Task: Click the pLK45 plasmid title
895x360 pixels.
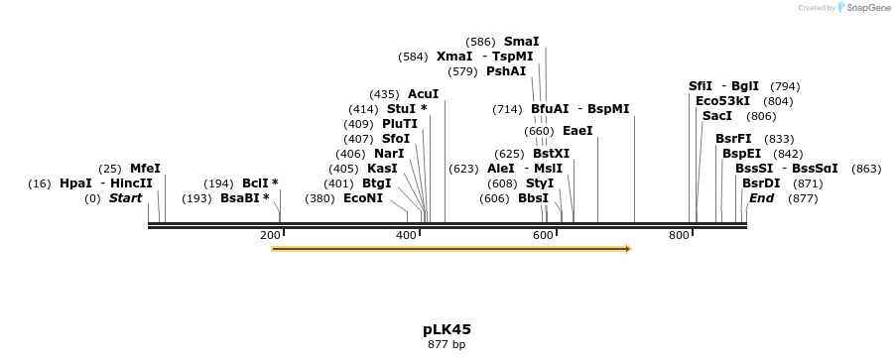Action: point(447,329)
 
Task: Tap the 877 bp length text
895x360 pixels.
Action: point(447,345)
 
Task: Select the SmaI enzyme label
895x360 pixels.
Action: point(521,42)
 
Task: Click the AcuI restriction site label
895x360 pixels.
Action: point(423,94)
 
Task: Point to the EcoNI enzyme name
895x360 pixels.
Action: point(362,198)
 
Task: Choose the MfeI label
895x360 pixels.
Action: point(145,169)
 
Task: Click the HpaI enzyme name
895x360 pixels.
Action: point(75,183)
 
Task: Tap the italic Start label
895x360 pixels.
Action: point(125,198)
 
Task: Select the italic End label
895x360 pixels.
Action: point(761,198)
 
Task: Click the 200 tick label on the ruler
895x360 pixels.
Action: point(270,235)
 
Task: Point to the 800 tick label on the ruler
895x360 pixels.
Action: point(679,235)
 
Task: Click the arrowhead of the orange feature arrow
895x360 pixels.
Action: point(627,249)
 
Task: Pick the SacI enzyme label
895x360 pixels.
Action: point(716,116)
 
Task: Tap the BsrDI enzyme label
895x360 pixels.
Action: point(761,183)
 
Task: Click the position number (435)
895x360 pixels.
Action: point(384,94)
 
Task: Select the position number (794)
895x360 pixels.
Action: point(785,86)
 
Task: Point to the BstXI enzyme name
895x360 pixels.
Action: point(551,154)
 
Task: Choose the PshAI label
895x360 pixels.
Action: point(506,71)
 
